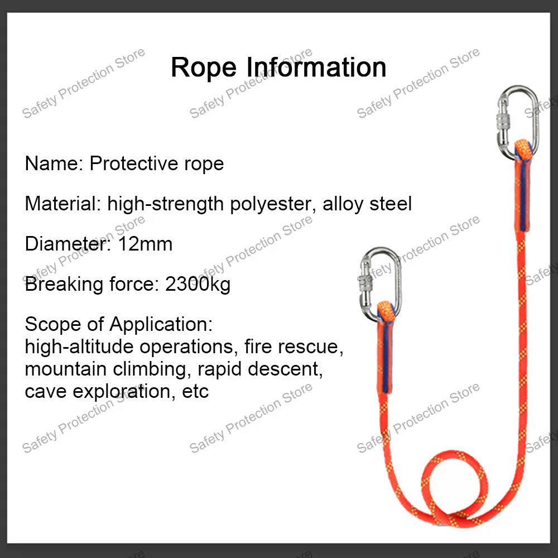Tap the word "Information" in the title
click(x=316, y=68)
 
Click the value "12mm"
click(x=145, y=244)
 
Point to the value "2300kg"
click(x=198, y=284)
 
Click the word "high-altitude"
click(x=79, y=347)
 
